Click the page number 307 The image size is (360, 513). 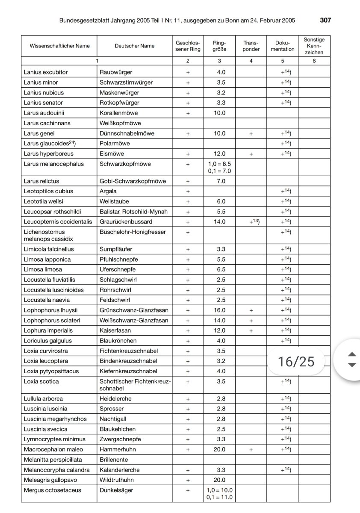click(325, 20)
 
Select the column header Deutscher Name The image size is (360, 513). click(135, 46)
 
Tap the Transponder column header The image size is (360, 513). click(251, 46)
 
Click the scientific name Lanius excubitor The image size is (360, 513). click(46, 72)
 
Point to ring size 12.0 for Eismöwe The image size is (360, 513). click(219, 153)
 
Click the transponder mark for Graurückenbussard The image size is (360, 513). click(251, 221)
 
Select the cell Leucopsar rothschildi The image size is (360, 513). click(52, 212)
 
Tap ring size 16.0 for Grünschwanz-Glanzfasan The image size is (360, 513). click(219, 310)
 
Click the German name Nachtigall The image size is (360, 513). click(113, 419)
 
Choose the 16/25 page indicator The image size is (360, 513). click(296, 362)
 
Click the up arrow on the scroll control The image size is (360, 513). click(352, 354)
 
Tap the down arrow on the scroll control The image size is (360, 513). click(352, 365)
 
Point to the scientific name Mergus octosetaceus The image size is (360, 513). click(52, 490)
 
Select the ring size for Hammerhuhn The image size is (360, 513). click(219, 449)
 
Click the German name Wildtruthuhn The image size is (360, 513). click(116, 480)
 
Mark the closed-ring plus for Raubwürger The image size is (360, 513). click(188, 72)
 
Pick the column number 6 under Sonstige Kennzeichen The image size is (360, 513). click(314, 61)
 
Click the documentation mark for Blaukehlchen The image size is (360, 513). click(282, 429)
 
